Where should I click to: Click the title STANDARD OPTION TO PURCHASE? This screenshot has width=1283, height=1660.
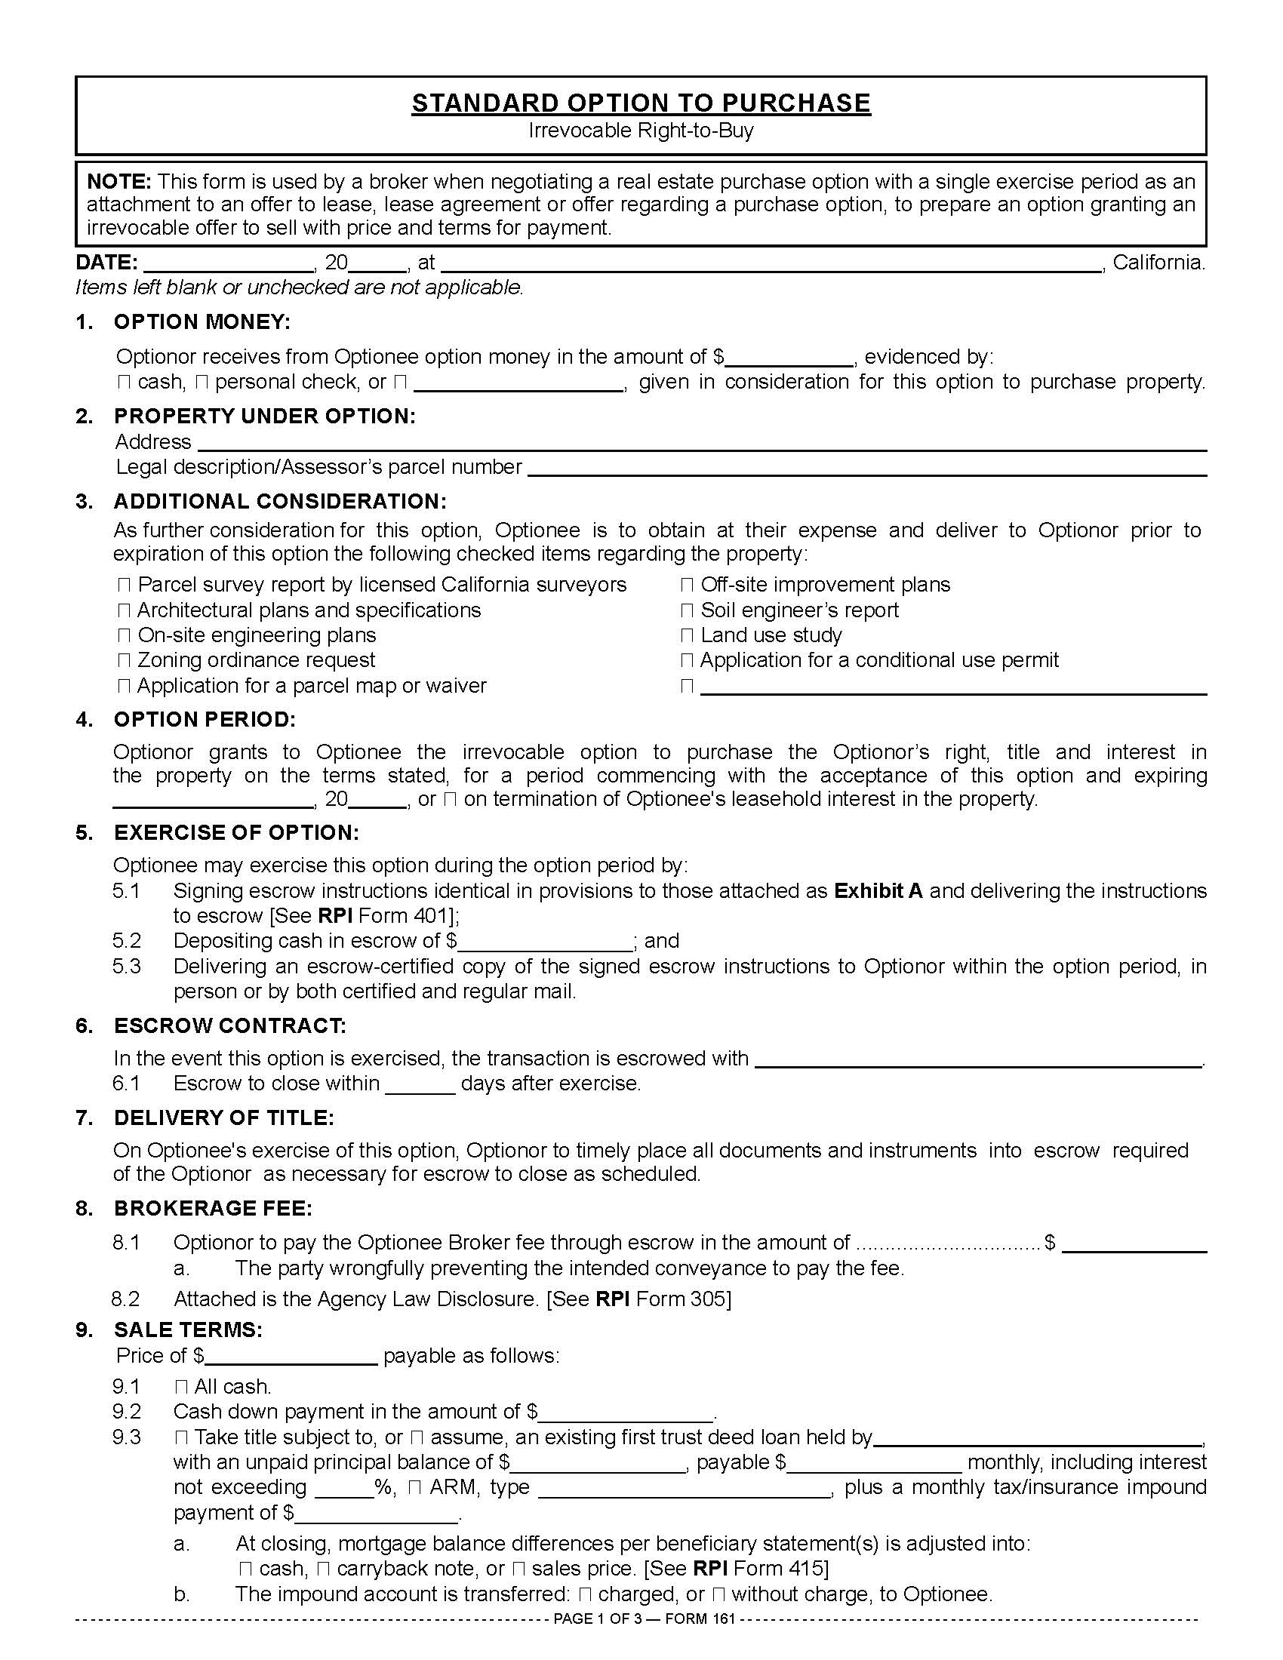(x=641, y=103)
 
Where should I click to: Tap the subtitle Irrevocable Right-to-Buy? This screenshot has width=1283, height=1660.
(x=641, y=131)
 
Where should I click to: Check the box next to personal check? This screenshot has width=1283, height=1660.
(x=202, y=383)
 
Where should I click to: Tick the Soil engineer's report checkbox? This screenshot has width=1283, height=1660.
(x=687, y=611)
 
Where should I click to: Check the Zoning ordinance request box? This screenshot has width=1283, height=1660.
(x=125, y=661)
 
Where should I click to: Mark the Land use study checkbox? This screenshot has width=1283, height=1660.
(x=687, y=636)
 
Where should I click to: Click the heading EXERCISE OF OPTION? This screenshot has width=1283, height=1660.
(x=235, y=832)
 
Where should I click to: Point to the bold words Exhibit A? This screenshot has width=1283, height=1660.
(x=878, y=891)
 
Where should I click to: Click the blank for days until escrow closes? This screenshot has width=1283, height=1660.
(x=420, y=1084)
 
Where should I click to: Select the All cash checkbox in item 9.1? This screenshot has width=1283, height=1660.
(x=182, y=1387)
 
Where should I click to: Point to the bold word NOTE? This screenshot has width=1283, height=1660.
(x=119, y=182)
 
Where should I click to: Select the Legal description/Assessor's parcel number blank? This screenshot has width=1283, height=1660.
(x=866, y=469)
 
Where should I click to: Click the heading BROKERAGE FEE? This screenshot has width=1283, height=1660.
(x=213, y=1209)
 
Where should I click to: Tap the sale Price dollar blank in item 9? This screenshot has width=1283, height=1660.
(x=292, y=1357)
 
